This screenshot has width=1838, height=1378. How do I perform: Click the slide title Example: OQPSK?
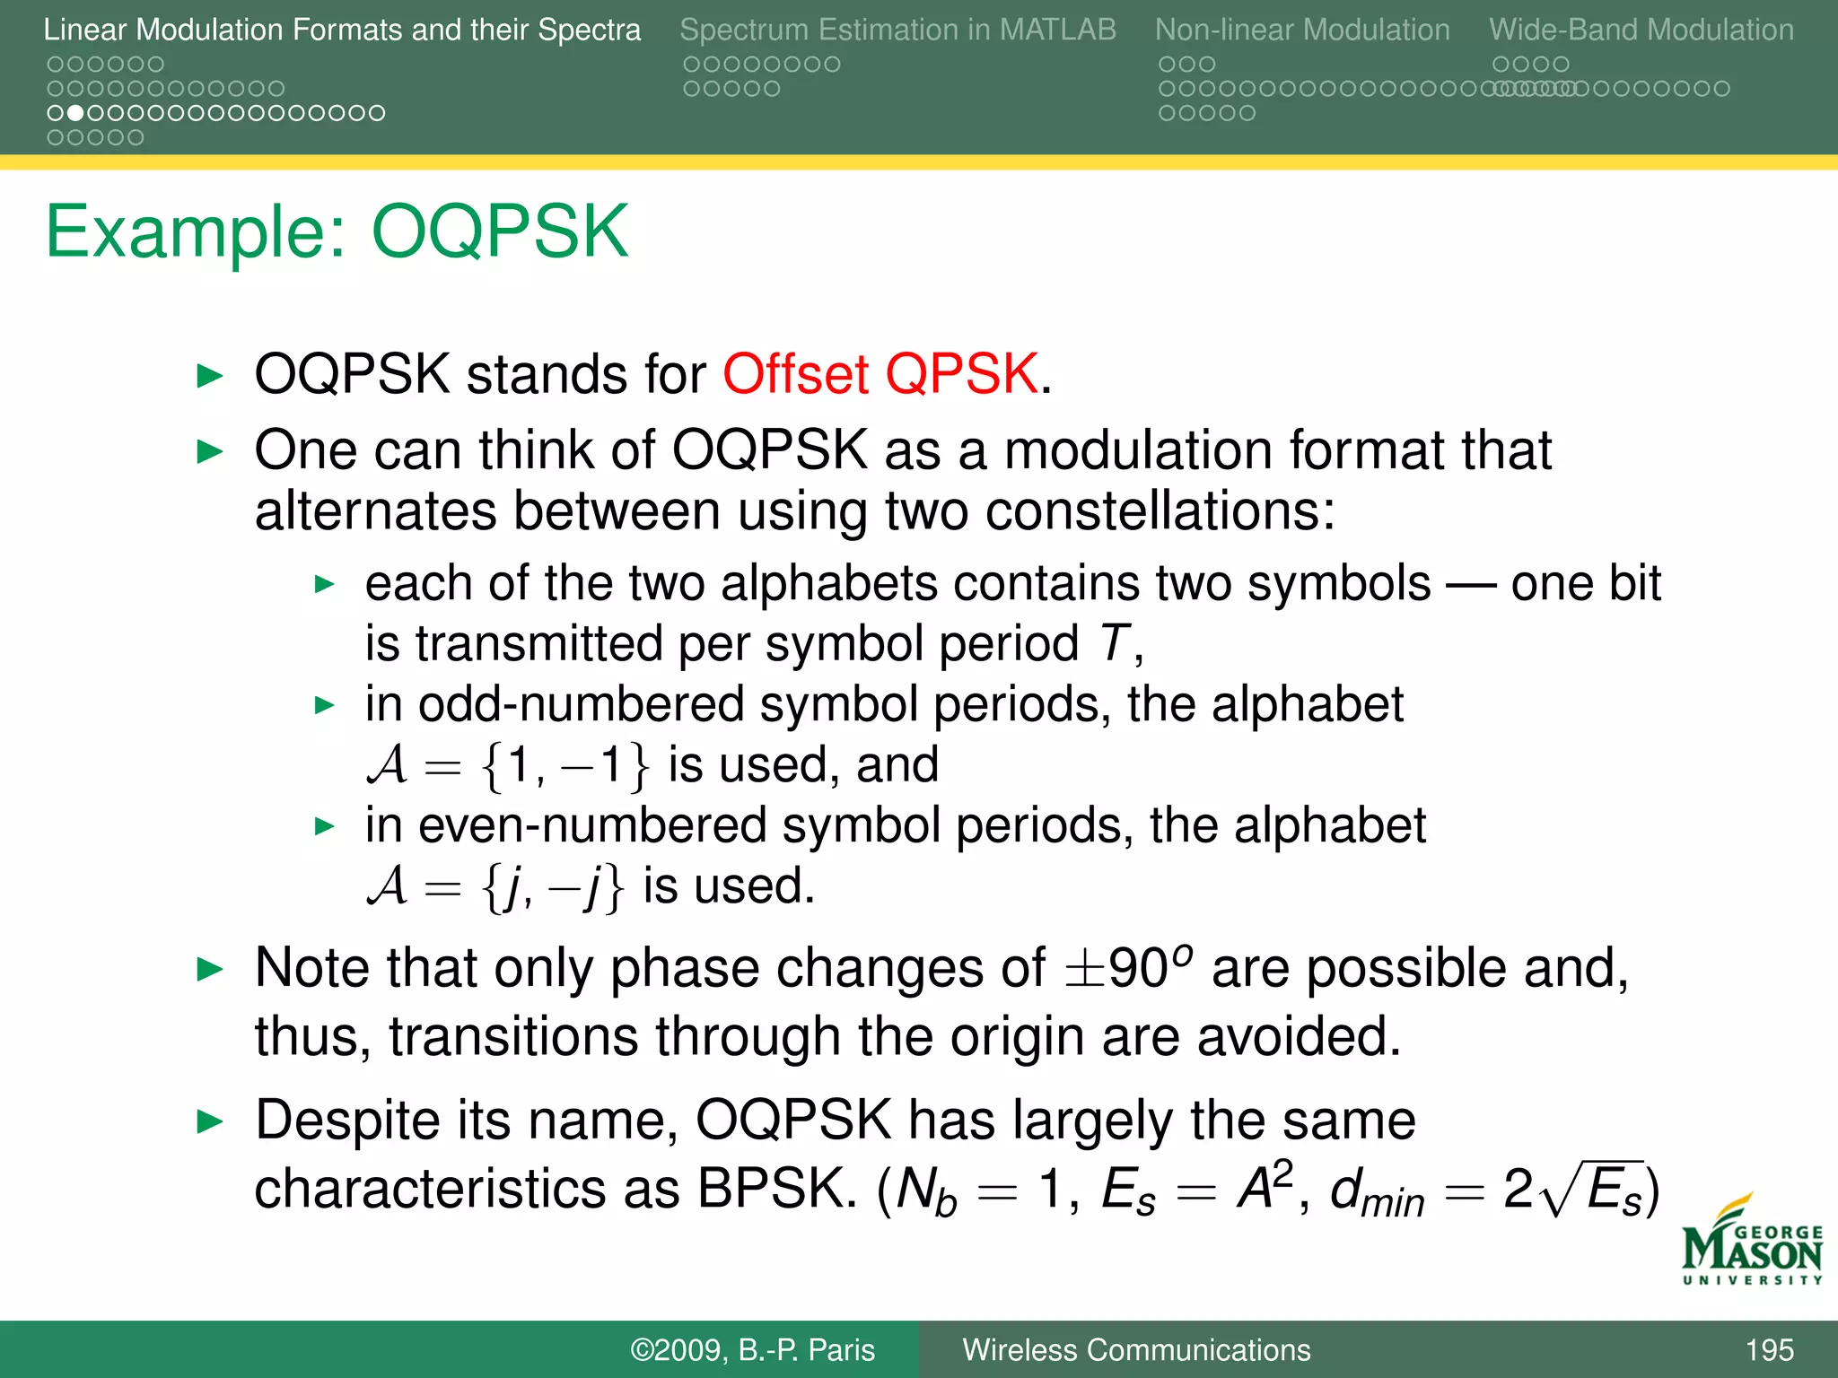pyautogui.click(x=337, y=231)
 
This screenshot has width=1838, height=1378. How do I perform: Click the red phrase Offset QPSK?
pyautogui.click(x=880, y=373)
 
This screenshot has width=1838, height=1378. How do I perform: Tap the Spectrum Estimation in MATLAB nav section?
pyautogui.click(x=897, y=30)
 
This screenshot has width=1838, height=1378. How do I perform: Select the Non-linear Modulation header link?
pyautogui.click(x=1301, y=30)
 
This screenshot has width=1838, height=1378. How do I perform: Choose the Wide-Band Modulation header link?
pyautogui.click(x=1641, y=30)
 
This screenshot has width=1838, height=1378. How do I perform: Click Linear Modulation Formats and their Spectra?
pyautogui.click(x=342, y=30)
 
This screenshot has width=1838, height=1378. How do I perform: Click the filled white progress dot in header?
pyautogui.click(x=76, y=113)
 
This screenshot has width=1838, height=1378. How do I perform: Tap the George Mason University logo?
pyautogui.click(x=1751, y=1243)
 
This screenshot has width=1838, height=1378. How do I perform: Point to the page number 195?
pyautogui.click(x=1769, y=1350)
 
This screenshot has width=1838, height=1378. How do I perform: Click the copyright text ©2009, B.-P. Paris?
pyautogui.click(x=752, y=1350)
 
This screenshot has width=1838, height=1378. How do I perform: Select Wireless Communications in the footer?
pyautogui.click(x=1136, y=1350)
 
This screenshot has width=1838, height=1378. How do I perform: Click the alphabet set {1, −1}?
pyautogui.click(x=564, y=766)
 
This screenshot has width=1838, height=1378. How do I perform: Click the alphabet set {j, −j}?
pyautogui.click(x=552, y=887)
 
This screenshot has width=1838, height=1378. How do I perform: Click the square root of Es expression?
pyautogui.click(x=1594, y=1190)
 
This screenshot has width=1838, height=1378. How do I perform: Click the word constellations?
pyautogui.click(x=1151, y=510)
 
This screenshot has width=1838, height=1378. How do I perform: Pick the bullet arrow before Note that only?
pyautogui.click(x=209, y=969)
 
